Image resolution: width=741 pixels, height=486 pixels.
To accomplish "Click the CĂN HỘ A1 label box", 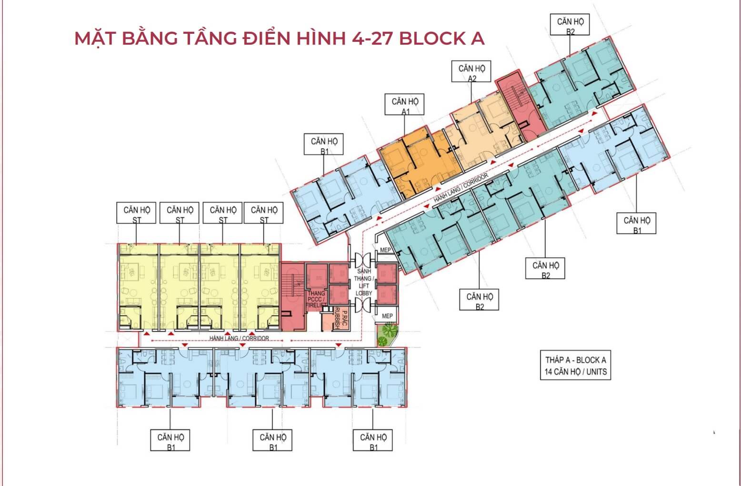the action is [x=404, y=105].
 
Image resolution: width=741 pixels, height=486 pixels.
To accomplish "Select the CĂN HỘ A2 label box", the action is [x=471, y=71].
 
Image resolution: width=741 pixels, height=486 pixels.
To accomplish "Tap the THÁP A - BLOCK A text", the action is [x=576, y=360].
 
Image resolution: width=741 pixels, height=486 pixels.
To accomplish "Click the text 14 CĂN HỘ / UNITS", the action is [x=576, y=372].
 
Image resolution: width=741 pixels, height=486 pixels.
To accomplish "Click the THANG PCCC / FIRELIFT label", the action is [x=316, y=299].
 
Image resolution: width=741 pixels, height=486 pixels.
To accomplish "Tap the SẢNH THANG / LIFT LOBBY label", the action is [x=363, y=282].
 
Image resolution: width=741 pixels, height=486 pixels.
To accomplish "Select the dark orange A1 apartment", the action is [x=420, y=163].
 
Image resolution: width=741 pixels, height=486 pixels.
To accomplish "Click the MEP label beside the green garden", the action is [x=387, y=316].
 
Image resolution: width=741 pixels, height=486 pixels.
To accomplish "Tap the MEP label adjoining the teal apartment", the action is [x=385, y=250].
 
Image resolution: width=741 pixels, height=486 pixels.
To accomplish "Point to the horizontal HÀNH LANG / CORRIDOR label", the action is [x=239, y=338].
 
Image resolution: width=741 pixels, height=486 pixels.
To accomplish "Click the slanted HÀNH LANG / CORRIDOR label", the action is [x=461, y=188].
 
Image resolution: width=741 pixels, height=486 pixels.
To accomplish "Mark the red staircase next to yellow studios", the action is [x=292, y=296].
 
